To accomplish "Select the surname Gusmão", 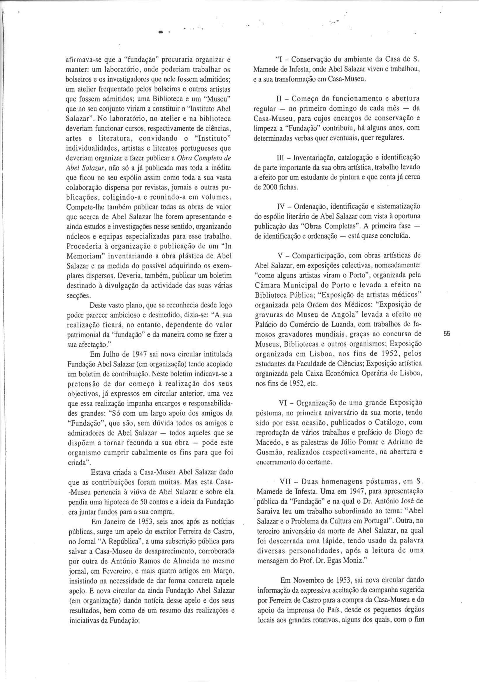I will tap(267, 453).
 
